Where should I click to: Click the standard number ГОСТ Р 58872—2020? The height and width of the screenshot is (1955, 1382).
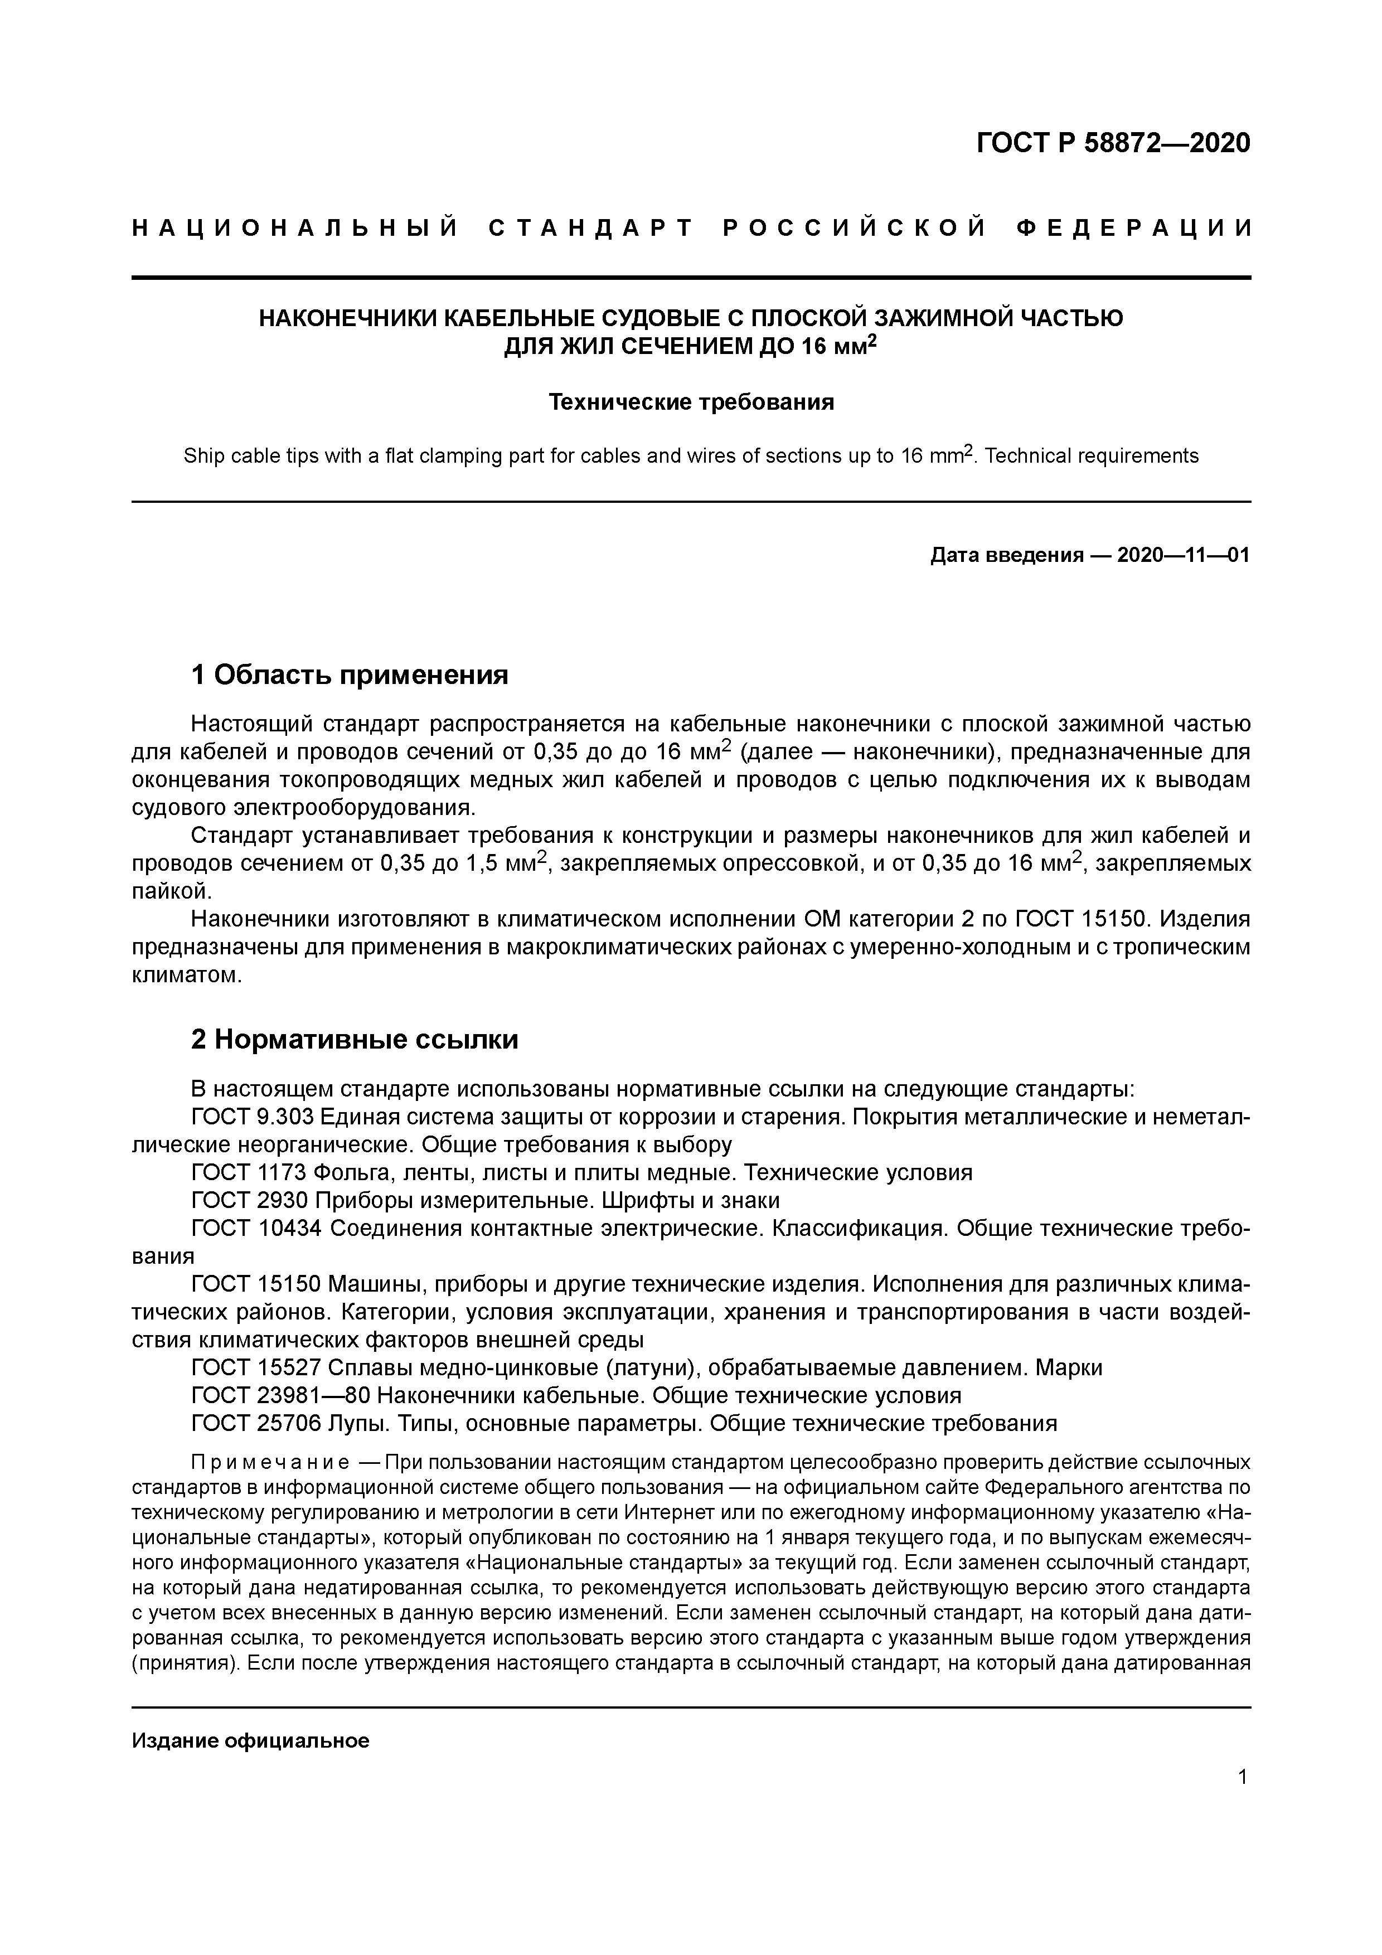coord(1113,143)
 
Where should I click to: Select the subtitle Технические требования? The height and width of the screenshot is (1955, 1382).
coord(691,402)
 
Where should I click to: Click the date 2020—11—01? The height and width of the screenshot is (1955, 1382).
coord(1183,556)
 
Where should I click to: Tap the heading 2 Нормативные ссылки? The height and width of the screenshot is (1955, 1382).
coord(354,1040)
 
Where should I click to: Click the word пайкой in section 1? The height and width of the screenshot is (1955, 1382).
coord(169,891)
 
